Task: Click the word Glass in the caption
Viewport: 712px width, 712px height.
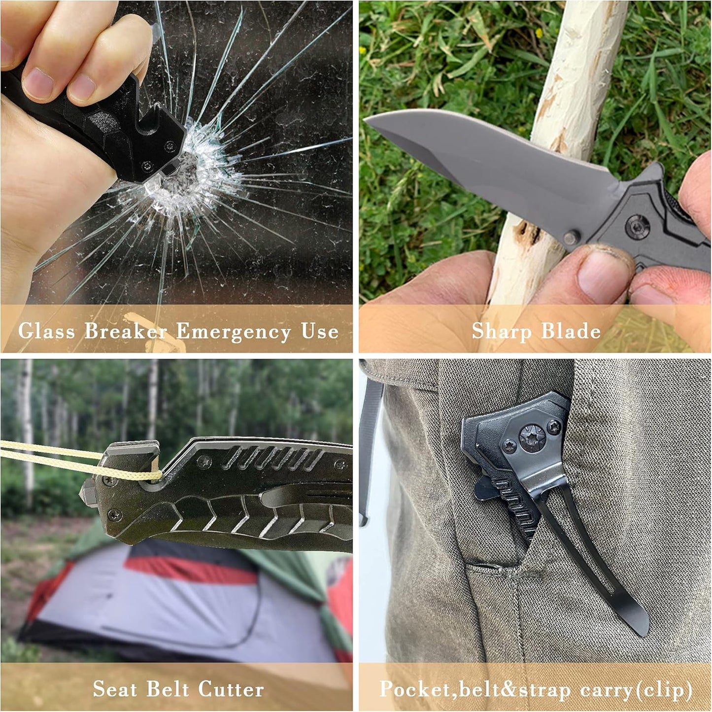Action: [x=46, y=331]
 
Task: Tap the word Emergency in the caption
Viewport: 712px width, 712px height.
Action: [x=234, y=331]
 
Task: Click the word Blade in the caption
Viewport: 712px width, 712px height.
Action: [x=571, y=331]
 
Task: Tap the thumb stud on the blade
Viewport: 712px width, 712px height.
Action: [x=571, y=237]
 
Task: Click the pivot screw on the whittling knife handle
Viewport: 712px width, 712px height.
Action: [x=638, y=226]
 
